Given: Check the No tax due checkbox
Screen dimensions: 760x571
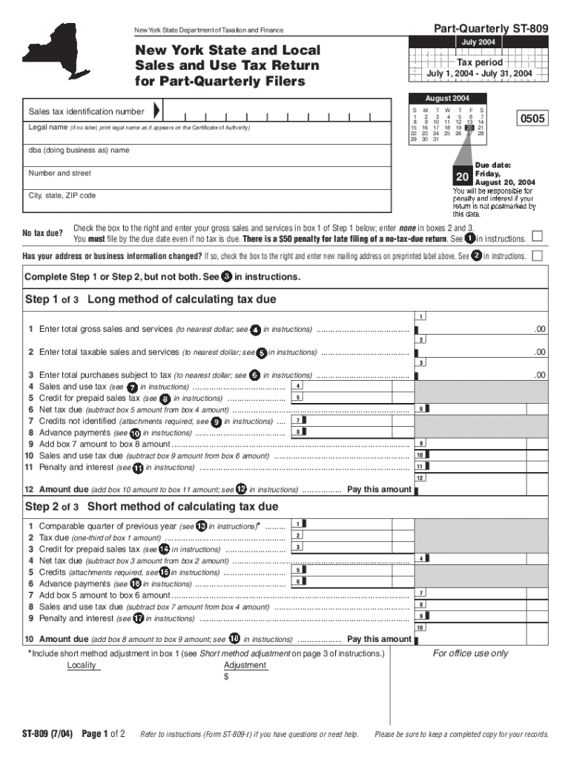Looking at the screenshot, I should (538, 236).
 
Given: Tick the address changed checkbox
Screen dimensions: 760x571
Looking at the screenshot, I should (538, 256).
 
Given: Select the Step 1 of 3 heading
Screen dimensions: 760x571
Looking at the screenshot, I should (151, 299).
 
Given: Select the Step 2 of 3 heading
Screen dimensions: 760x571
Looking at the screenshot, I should (152, 506).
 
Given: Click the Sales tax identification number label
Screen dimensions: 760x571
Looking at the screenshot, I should (86, 111).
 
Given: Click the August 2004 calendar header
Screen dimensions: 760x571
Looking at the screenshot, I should (447, 98).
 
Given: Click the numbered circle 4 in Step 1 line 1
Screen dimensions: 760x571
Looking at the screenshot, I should (255, 330).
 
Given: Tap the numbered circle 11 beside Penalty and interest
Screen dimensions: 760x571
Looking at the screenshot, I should (138, 468).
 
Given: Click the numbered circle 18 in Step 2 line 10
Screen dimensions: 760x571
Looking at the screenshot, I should (234, 639).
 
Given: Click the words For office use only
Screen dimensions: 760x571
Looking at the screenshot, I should (470, 653).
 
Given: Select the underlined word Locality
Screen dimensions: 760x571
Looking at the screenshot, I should (82, 665).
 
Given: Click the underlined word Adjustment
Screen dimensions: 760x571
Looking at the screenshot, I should (245, 665).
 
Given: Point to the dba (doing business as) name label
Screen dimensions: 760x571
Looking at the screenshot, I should (79, 150).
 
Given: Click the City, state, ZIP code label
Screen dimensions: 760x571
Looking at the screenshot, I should (62, 195).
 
